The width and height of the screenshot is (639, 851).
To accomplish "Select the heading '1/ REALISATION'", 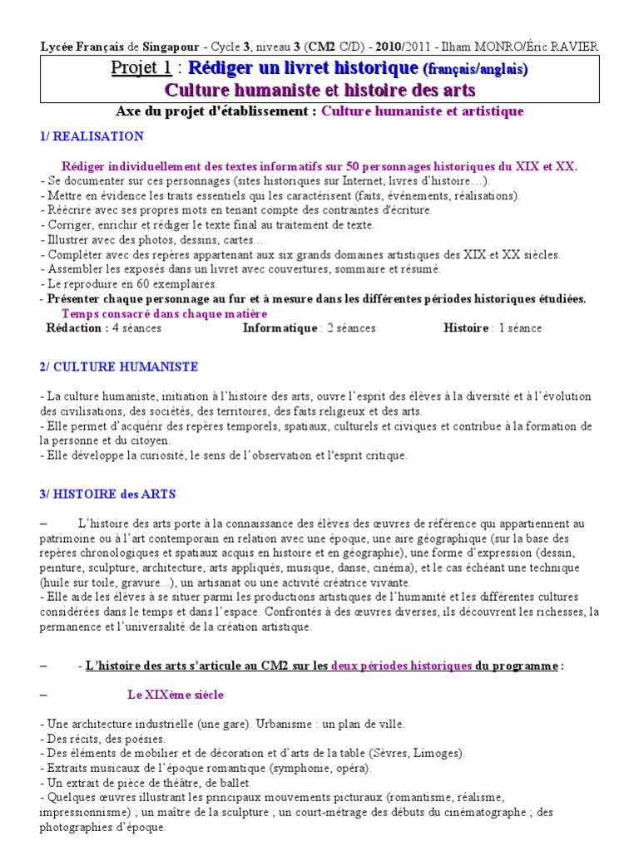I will pos(92,136).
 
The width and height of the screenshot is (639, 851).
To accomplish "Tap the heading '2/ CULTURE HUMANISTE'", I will pos(119,366).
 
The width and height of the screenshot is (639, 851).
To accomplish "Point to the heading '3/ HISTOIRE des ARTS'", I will pos(107,494).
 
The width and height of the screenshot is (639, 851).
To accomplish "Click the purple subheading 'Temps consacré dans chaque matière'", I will pos(165,313).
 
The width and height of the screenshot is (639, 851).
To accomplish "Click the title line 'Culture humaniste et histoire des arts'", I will pos(320,90).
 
